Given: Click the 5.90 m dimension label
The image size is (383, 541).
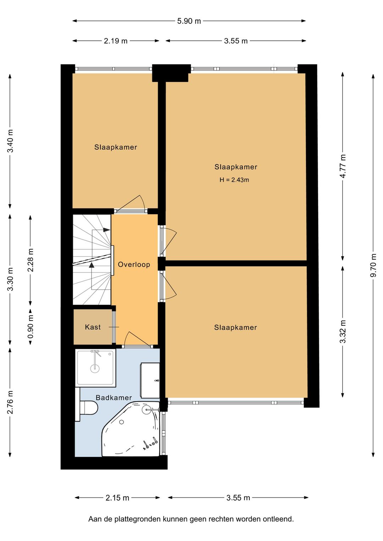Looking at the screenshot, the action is click(x=189, y=21).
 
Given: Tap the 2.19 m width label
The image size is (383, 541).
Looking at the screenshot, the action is click(x=116, y=41).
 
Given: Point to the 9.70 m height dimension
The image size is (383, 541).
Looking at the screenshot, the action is click(x=373, y=265).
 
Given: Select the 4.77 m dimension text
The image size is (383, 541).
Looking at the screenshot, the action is click(x=343, y=166).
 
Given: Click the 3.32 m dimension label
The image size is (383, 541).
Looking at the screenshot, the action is click(x=343, y=331).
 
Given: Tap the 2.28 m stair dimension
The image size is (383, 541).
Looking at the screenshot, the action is click(x=30, y=260).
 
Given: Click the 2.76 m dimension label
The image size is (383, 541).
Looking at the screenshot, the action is click(x=10, y=402).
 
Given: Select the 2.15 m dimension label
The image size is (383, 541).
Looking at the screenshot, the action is click(x=117, y=498).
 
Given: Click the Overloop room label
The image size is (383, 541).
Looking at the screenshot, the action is click(x=134, y=264).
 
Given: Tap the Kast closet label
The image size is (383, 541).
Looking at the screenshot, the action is click(x=93, y=327).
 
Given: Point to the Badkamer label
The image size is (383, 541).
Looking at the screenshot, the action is click(x=114, y=397).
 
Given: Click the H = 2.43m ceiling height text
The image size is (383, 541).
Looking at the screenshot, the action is click(x=234, y=180).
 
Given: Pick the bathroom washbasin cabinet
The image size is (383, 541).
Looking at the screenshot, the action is click(x=150, y=380).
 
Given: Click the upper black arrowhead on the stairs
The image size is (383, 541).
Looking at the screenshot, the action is click(x=106, y=230).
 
